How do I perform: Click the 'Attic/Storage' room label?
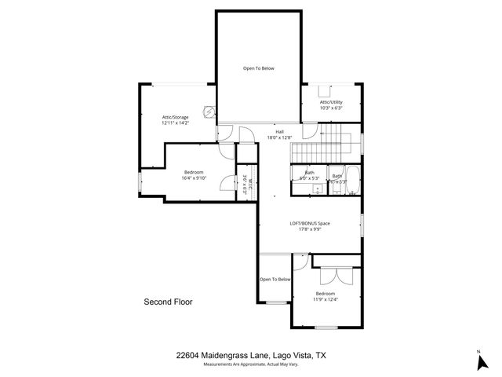(x=175, y=117)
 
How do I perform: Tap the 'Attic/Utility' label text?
(x=332, y=102)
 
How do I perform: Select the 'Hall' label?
(x=279, y=131)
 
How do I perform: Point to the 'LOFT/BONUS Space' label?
(x=310, y=223)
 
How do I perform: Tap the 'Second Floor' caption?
(x=168, y=302)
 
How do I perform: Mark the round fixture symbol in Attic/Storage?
(x=209, y=112)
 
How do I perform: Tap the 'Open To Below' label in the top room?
(x=258, y=68)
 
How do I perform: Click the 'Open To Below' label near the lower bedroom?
(x=275, y=279)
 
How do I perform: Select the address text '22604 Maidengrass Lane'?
(x=223, y=356)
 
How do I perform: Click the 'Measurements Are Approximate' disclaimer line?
(x=251, y=365)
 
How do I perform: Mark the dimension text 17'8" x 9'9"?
(x=310, y=229)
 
